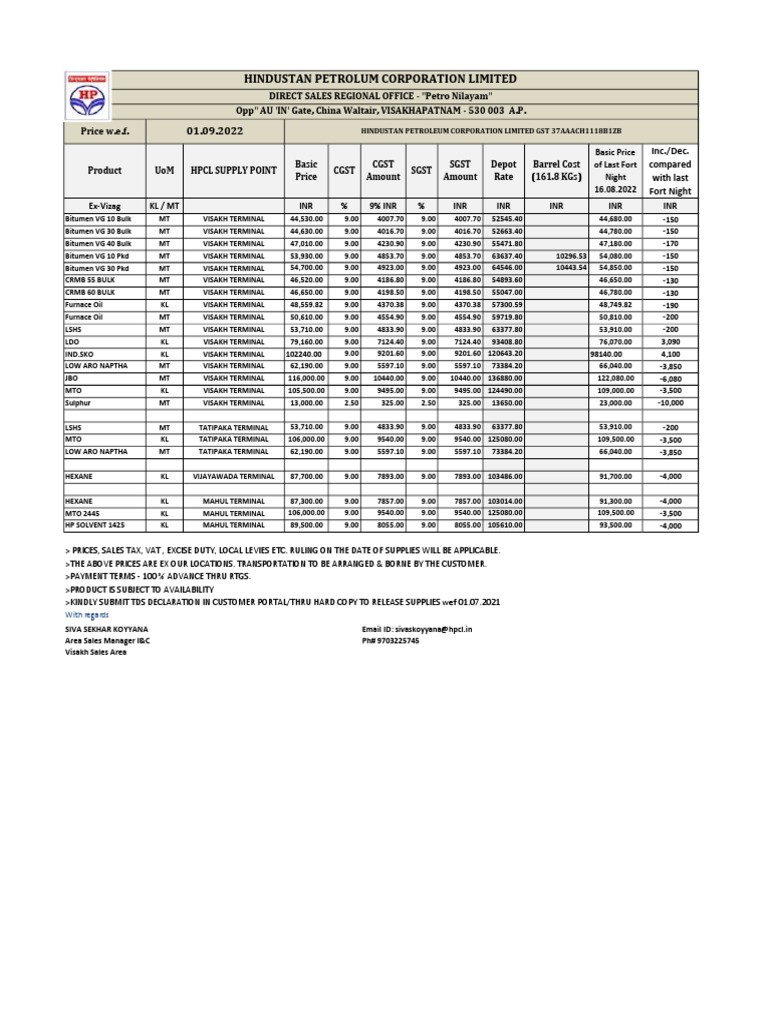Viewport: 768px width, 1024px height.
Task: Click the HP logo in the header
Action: pyautogui.click(x=84, y=96)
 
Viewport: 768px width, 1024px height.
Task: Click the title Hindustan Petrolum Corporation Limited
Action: pyautogui.click(x=389, y=79)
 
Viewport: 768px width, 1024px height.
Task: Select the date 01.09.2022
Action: pyautogui.click(x=215, y=132)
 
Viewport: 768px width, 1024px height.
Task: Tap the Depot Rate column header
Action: pyautogui.click(x=503, y=170)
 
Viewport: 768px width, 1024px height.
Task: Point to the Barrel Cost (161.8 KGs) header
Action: pyautogui.click(x=556, y=170)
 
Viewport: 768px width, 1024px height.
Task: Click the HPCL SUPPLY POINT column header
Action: pyautogui.click(x=233, y=171)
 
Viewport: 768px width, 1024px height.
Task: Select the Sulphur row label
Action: pyautogui.click(x=80, y=402)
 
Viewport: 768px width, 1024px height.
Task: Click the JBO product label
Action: pyautogui.click(x=72, y=378)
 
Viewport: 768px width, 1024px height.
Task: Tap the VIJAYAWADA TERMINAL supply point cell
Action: pyautogui.click(x=233, y=477)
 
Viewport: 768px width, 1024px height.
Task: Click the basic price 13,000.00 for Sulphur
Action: pyautogui.click(x=306, y=402)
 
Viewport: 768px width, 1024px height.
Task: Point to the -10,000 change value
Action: pyautogui.click(x=670, y=402)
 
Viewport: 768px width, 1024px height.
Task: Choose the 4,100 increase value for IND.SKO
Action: pyautogui.click(x=670, y=354)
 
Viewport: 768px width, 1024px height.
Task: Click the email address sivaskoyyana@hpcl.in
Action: pyautogui.click(x=417, y=630)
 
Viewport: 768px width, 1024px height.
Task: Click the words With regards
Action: pyautogui.click(x=88, y=616)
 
